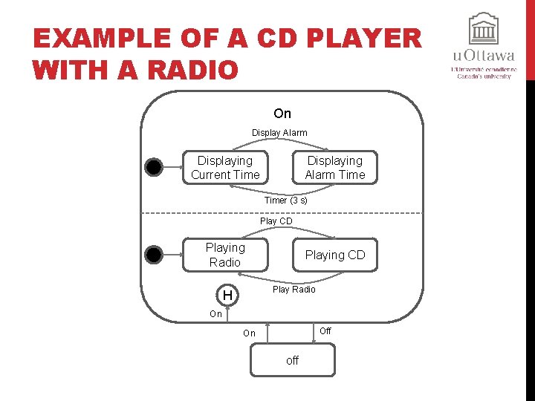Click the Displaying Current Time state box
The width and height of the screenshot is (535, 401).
225,168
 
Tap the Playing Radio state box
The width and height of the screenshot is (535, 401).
225,255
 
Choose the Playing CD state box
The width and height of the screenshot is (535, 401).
334,255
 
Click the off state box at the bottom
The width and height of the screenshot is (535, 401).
292,360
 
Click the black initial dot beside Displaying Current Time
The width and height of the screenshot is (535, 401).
153,168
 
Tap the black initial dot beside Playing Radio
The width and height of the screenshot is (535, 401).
153,255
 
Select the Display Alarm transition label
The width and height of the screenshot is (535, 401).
279,133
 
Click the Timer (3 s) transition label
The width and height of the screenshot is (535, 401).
285,200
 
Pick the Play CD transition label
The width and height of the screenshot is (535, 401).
276,221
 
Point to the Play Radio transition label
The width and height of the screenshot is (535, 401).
294,290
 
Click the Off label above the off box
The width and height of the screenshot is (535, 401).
325,331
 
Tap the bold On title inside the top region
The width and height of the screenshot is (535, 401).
282,114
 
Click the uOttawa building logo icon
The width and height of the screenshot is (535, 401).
484,29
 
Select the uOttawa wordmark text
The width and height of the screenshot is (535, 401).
484,56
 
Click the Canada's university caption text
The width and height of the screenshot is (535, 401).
484,76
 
